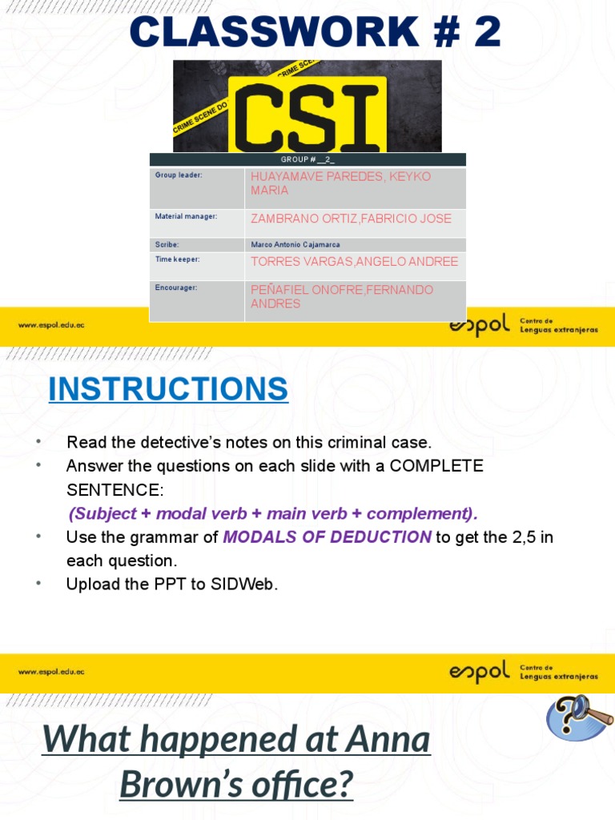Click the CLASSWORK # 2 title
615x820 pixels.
click(316, 33)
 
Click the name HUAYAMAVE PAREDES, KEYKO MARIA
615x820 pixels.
click(340, 183)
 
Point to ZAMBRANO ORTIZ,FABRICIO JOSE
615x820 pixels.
click(351, 219)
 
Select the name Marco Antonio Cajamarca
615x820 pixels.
click(295, 244)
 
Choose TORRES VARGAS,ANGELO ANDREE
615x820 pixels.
click(354, 262)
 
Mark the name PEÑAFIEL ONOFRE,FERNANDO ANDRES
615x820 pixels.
click(342, 296)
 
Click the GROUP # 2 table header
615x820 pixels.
click(307, 159)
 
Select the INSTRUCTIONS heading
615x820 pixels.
click(168, 389)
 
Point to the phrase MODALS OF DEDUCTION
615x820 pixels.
click(327, 537)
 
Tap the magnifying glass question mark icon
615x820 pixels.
click(579, 717)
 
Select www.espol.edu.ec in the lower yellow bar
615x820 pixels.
click(51, 672)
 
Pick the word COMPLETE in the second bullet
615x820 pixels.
click(436, 465)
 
